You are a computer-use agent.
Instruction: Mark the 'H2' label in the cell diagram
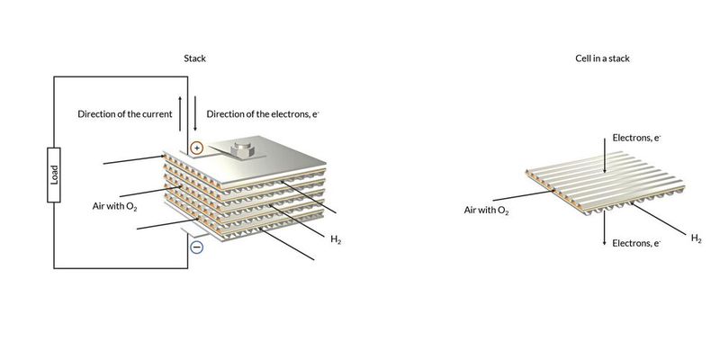point(696,238)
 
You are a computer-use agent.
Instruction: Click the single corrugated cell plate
point(594,189)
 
